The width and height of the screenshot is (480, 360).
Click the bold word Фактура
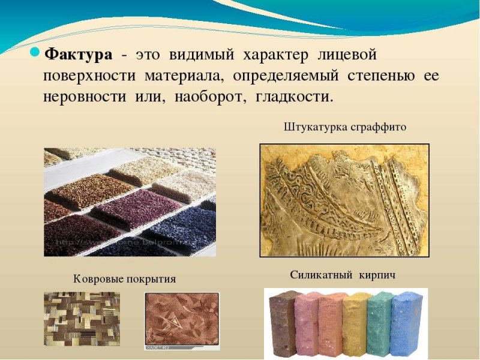click(79, 55)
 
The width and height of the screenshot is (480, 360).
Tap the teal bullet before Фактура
click(35, 53)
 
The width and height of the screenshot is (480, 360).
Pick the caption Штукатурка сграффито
click(344, 127)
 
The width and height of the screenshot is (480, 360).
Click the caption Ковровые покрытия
click(125, 279)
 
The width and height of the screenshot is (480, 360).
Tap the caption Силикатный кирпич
click(343, 275)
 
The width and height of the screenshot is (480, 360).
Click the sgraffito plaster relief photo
click(344, 200)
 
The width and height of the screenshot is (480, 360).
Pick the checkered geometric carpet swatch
click(82, 319)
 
